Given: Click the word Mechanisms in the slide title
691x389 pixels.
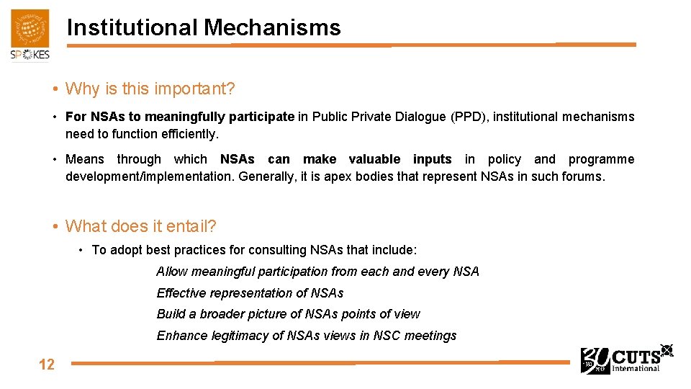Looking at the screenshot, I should click(x=272, y=27).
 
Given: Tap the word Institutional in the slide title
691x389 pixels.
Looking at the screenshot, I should click(x=132, y=27).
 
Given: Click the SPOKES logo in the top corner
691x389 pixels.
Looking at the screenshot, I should click(x=30, y=35).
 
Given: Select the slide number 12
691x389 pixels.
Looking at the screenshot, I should click(x=47, y=364).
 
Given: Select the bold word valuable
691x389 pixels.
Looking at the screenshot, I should click(x=374, y=159).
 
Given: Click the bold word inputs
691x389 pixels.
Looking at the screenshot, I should click(x=433, y=159).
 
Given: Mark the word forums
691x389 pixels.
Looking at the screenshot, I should click(x=581, y=176).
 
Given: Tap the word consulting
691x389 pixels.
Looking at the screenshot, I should click(x=278, y=250).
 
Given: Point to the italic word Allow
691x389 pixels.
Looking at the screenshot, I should click(x=172, y=272).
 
